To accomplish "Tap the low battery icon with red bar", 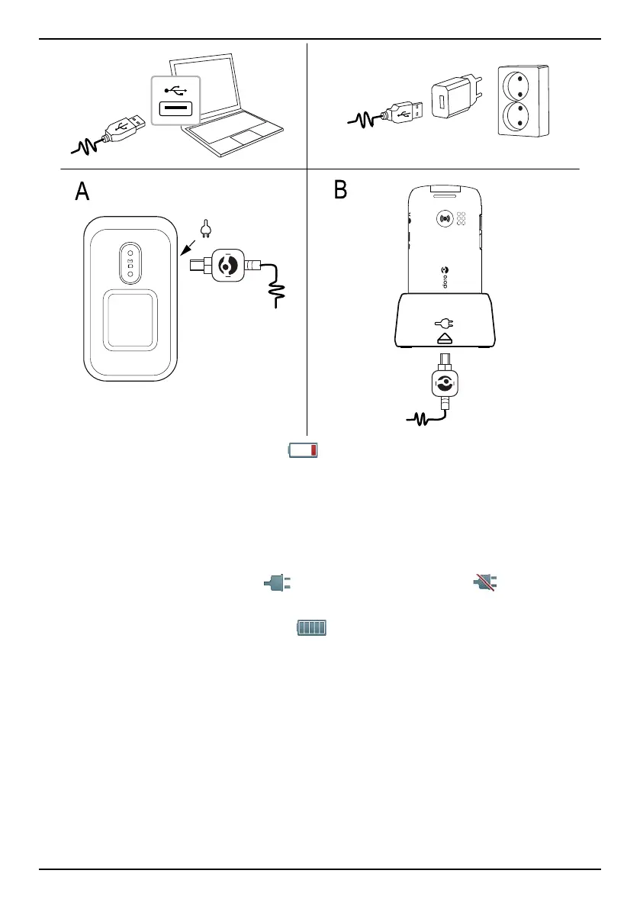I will click(x=303, y=451).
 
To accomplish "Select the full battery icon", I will click(x=311, y=628).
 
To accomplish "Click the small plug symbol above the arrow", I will click(x=204, y=227).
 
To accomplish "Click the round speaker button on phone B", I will click(x=445, y=218).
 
